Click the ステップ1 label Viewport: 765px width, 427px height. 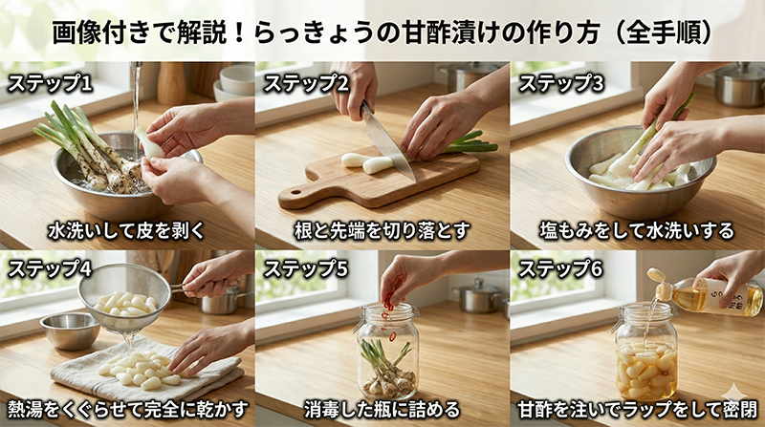coord(50,83)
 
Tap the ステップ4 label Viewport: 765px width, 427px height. coord(50,268)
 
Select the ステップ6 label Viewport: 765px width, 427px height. coord(560,268)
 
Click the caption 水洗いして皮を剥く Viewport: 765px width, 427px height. coord(126,230)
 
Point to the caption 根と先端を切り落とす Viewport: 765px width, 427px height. coord(382,230)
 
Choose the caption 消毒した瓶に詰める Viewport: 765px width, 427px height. coord(382,410)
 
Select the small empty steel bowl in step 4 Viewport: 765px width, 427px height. coord(70,331)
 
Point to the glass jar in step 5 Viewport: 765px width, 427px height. coord(388,350)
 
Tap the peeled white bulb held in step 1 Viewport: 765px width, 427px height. coord(148,143)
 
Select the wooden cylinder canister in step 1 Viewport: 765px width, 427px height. coord(171,83)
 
